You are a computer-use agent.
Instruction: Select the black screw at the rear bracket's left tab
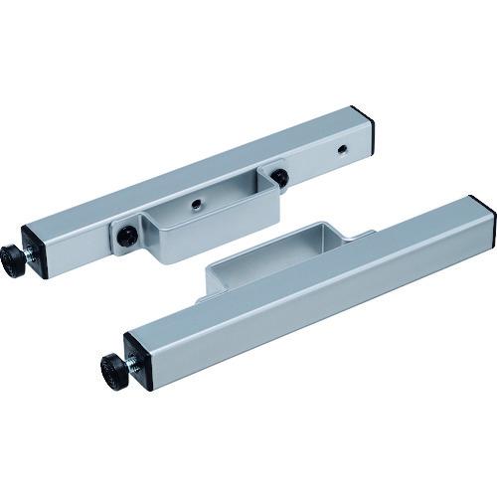click(x=129, y=237)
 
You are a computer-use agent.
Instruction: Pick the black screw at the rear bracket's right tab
click(x=280, y=178)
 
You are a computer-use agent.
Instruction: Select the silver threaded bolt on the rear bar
click(x=34, y=259)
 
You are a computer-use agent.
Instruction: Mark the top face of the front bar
click(x=298, y=278)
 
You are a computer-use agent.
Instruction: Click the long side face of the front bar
click(x=318, y=308)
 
